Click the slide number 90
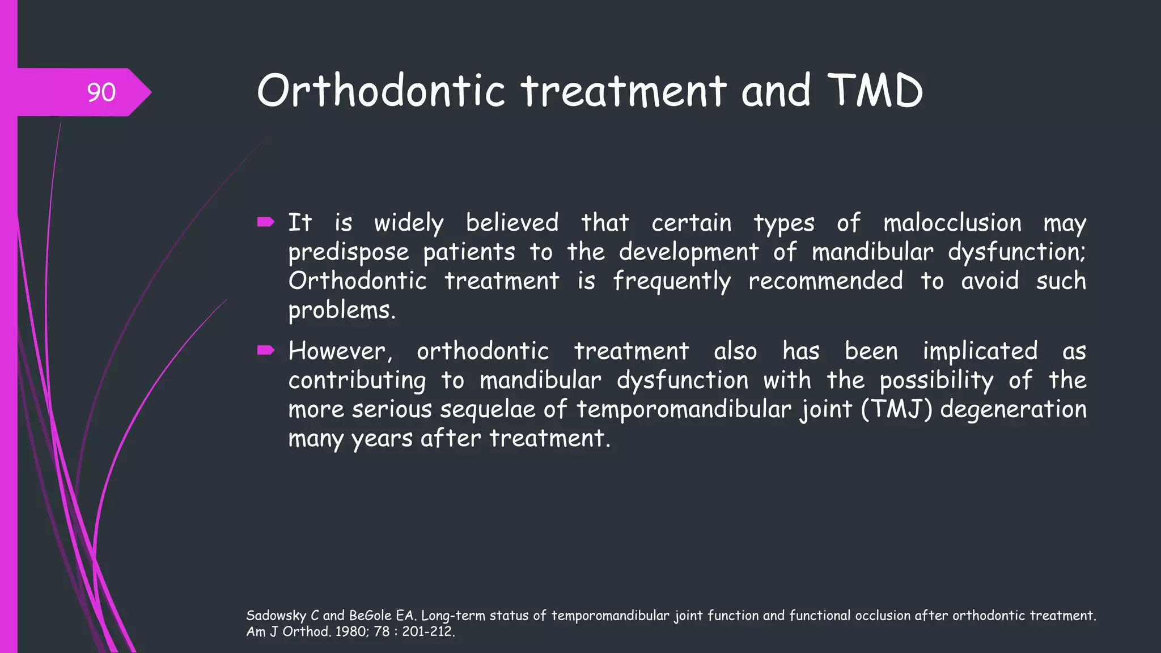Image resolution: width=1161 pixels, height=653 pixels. tap(101, 92)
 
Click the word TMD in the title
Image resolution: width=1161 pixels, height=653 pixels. tap(875, 91)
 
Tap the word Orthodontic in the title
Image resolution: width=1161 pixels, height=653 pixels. tap(381, 91)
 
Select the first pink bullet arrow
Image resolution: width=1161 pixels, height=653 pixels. tap(265, 222)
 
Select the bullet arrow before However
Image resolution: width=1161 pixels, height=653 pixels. tap(265, 351)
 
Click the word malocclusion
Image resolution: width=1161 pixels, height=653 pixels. tap(952, 223)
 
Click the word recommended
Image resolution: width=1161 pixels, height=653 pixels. tap(825, 281)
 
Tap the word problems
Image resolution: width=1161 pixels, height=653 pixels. tap(341, 311)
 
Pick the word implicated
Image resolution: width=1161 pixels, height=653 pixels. tap(980, 351)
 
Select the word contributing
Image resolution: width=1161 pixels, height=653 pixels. tap(357, 380)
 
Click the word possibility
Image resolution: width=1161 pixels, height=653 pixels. tap(937, 380)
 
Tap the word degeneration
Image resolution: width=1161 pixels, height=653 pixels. tap(1014, 410)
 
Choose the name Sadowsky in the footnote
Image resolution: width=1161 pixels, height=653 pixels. tap(276, 616)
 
